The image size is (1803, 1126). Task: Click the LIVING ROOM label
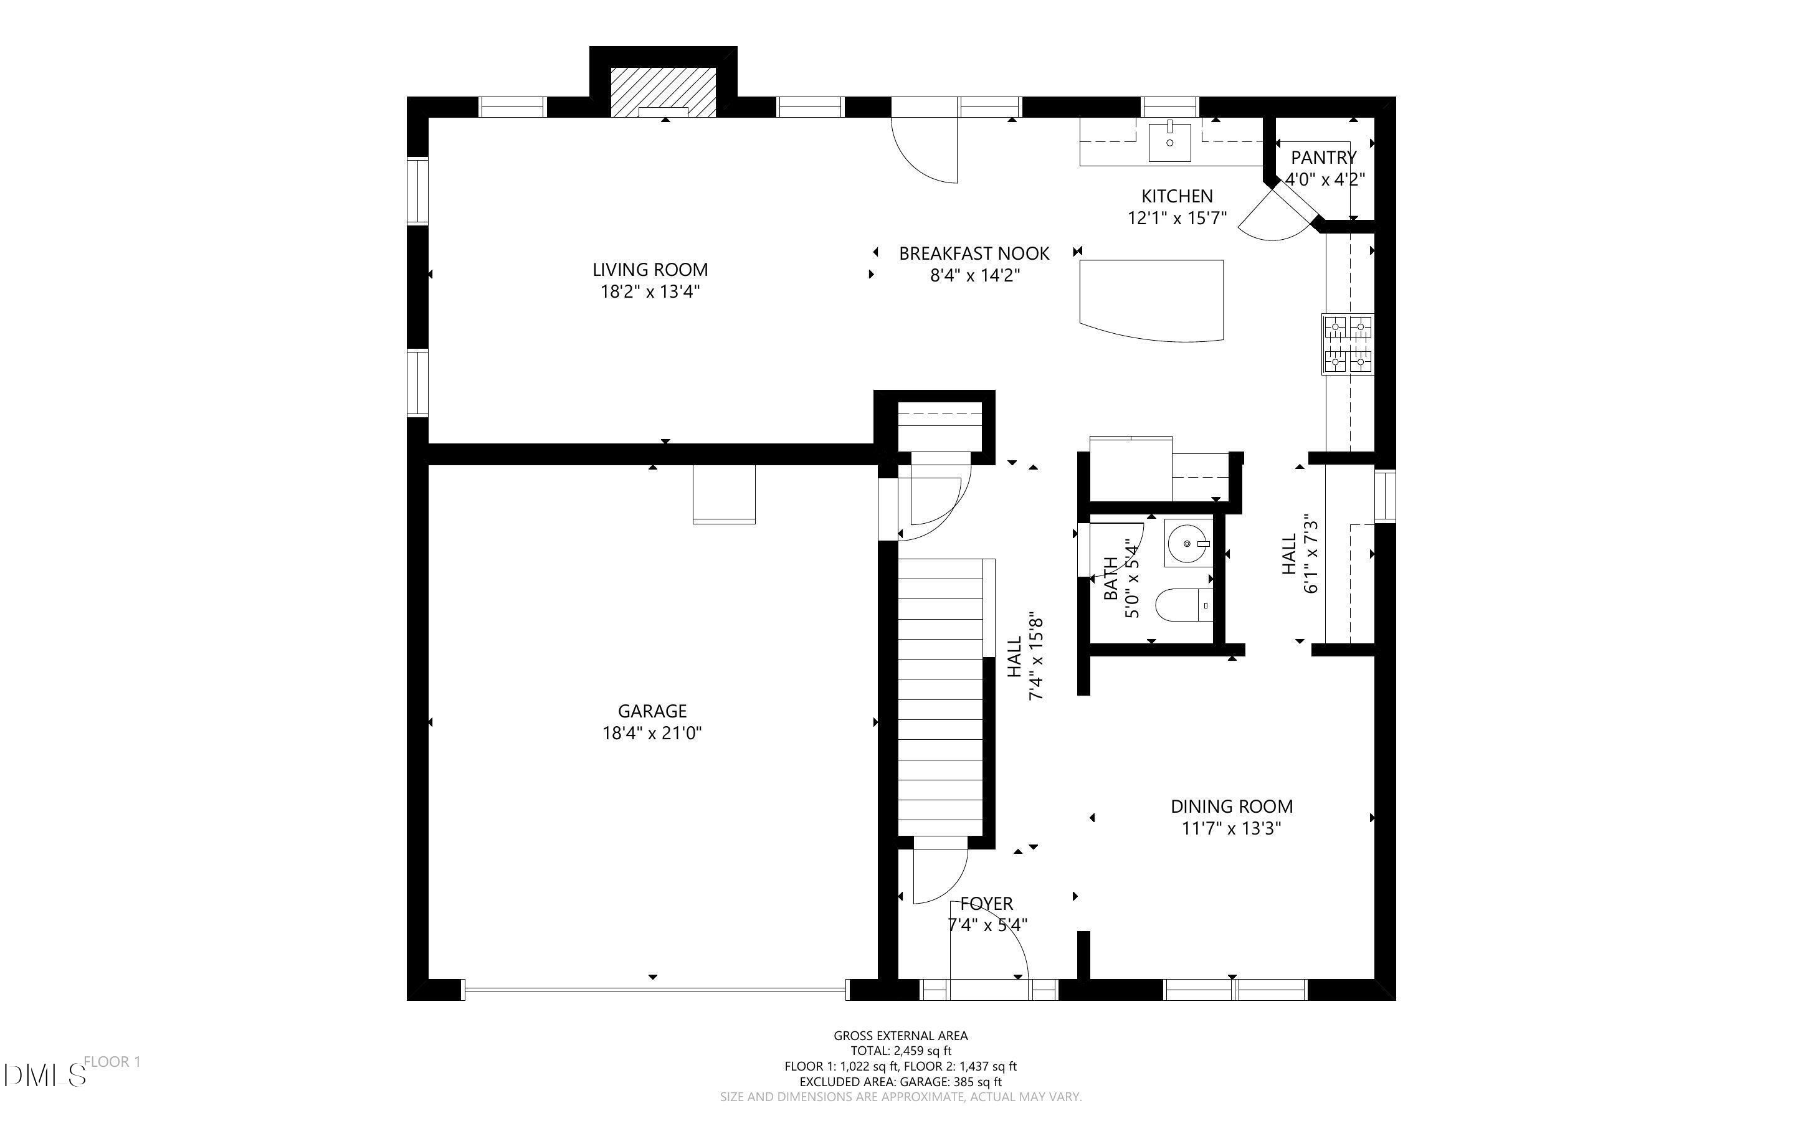649,270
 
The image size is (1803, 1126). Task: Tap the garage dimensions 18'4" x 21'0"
652,734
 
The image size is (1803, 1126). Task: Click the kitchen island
1151,298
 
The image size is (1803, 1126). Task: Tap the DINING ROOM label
1231,807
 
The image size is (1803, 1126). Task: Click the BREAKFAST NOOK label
973,254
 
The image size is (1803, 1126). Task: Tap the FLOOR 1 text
112,1062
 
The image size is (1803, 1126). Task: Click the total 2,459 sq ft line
900,1051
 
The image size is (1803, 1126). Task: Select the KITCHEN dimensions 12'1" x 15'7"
1177,218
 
